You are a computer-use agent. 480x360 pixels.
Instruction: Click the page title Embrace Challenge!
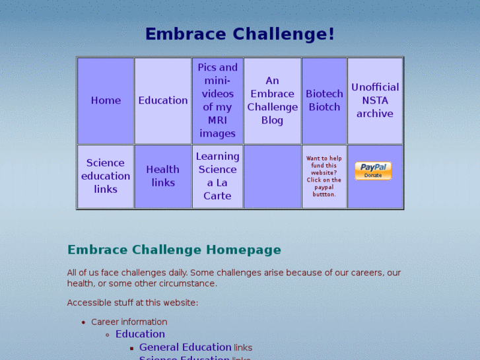tap(240, 34)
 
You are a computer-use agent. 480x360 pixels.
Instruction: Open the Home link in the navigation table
tap(106, 100)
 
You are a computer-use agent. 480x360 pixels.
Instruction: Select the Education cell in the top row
tap(163, 100)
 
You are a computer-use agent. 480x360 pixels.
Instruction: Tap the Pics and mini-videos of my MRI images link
tap(217, 100)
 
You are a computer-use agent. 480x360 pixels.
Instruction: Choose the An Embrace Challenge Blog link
tap(272, 100)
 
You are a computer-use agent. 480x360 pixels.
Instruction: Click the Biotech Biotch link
tap(324, 100)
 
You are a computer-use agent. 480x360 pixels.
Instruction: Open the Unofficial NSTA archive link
tap(375, 100)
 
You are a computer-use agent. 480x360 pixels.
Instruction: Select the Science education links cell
tap(106, 176)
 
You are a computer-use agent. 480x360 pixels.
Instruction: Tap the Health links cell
tap(163, 176)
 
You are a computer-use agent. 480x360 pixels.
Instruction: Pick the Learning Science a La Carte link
tap(217, 176)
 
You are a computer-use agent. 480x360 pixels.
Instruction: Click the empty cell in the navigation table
tap(272, 176)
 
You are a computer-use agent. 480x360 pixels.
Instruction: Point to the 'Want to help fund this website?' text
tap(324, 165)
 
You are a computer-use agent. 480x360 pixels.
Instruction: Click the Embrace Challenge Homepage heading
tap(174, 250)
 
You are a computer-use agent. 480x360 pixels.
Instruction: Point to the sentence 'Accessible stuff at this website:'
tap(132, 303)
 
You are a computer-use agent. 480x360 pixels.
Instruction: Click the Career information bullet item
tap(129, 322)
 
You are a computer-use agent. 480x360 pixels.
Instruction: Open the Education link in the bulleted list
tap(140, 334)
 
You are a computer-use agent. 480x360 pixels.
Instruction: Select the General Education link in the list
tap(185, 347)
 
